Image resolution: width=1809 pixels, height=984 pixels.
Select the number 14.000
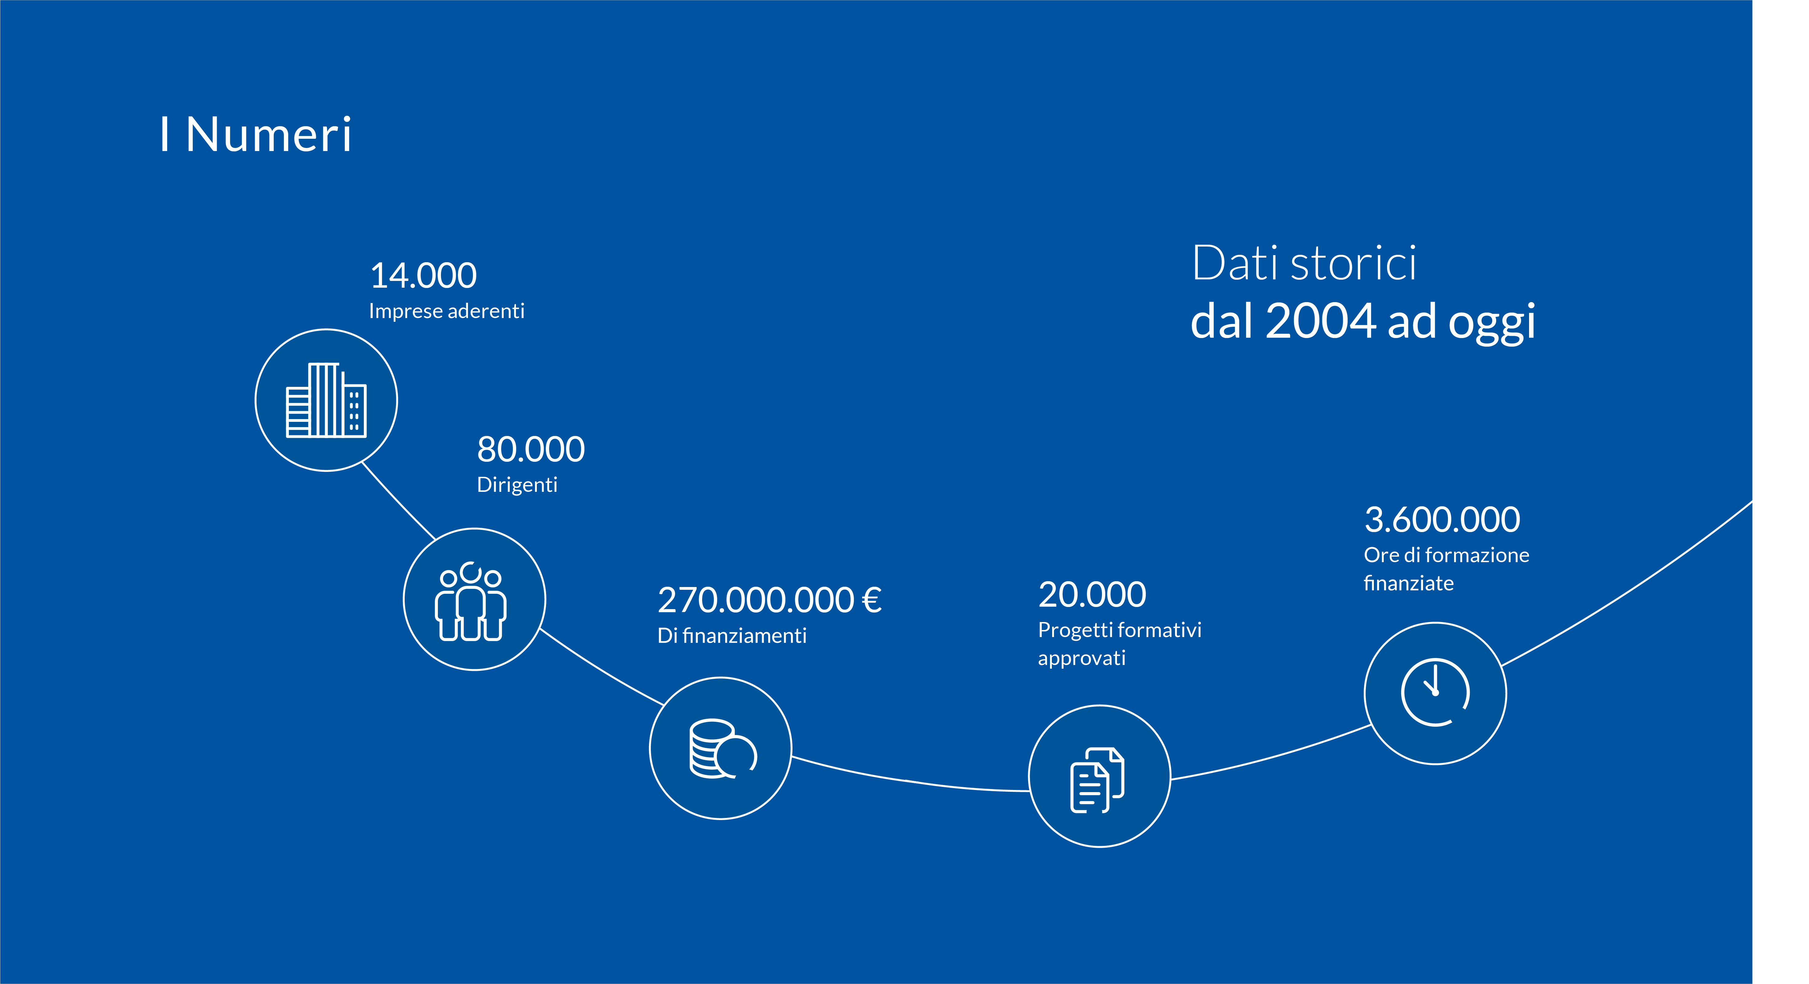pyautogui.click(x=423, y=275)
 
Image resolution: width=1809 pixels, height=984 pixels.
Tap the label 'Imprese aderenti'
pyautogui.click(x=446, y=311)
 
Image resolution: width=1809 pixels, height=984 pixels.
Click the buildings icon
pyautogui.click(x=326, y=400)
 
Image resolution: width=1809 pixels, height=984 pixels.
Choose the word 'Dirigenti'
pyautogui.click(x=517, y=485)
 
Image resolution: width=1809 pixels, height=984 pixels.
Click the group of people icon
pyautogui.click(x=470, y=601)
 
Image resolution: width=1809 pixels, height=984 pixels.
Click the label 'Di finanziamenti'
pyautogui.click(x=732, y=636)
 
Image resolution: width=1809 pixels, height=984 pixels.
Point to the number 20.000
pyautogui.click(x=1092, y=594)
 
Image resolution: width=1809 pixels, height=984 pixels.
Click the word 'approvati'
pyautogui.click(x=1081, y=658)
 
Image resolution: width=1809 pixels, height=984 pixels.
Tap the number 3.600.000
pyautogui.click(x=1442, y=520)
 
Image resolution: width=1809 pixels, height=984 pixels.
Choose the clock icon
pyautogui.click(x=1435, y=692)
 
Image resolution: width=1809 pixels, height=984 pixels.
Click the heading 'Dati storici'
pyautogui.click(x=1304, y=264)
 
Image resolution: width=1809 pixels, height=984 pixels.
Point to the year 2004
pyautogui.click(x=1320, y=321)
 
